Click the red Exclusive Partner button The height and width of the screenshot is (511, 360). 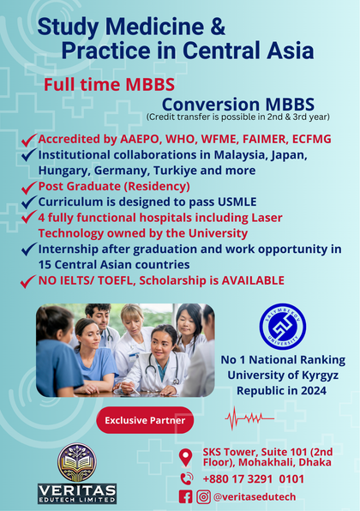coord(145,420)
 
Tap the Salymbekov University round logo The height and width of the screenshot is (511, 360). coord(283,327)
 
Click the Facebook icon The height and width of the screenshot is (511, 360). coord(186,496)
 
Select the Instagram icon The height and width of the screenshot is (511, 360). coord(203,496)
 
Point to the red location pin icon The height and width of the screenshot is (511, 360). coord(186,458)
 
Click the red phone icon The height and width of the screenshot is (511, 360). coord(187,478)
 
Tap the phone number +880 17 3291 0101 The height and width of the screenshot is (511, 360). coord(254,479)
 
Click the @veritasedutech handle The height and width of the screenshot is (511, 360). coord(255,496)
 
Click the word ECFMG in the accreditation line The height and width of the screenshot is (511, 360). coord(311,139)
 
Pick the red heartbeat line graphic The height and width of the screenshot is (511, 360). coord(250,418)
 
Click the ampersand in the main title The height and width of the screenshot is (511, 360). coord(218,27)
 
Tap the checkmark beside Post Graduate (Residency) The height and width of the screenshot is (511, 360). coord(28,187)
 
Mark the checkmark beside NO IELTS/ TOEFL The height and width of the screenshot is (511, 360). coord(28,281)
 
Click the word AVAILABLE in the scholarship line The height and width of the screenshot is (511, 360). coord(253,280)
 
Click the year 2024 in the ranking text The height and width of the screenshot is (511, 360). coord(314,390)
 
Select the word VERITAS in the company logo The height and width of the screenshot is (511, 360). coord(77,490)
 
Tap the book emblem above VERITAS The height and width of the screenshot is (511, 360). coord(77,463)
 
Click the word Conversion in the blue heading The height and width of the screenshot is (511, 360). coord(211,105)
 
